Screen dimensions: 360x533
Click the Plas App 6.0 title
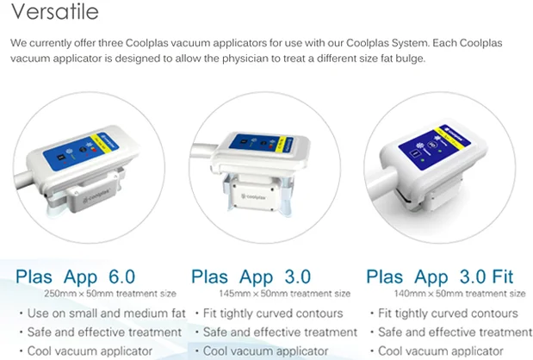click(76, 276)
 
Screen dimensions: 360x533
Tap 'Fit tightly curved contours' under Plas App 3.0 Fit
click(449, 313)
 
